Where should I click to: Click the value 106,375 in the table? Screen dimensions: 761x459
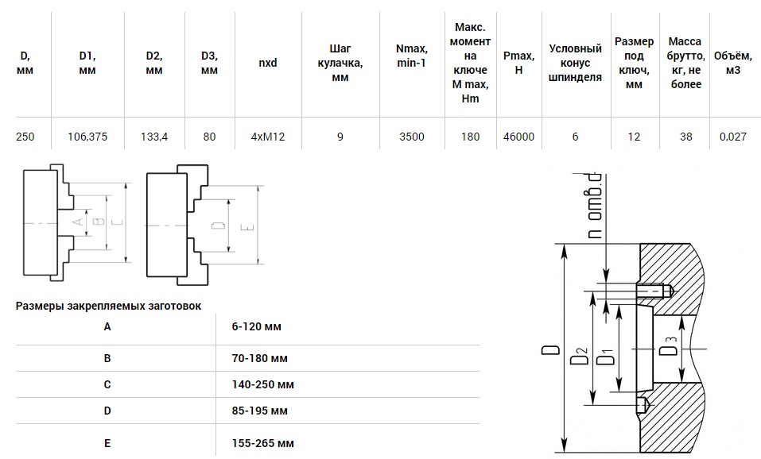point(87,137)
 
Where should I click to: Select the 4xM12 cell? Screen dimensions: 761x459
point(268,137)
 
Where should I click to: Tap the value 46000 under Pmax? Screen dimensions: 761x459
point(518,137)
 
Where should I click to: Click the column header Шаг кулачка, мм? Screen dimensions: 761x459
point(340,63)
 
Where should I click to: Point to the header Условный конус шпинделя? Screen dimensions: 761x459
point(575,63)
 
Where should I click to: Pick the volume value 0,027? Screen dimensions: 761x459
point(733,137)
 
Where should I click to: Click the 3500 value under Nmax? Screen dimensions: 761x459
point(412,137)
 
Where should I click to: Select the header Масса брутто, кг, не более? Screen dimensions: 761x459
point(685,63)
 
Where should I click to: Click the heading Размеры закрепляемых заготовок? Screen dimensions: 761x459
point(108,306)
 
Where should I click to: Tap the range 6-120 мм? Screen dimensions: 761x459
point(256,326)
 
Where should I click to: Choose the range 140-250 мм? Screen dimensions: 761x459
point(262,385)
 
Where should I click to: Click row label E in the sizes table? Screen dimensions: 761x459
point(107,443)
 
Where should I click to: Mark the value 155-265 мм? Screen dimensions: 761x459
point(262,443)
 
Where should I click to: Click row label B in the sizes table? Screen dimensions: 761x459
point(107,359)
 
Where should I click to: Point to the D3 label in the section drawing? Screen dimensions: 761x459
point(670,345)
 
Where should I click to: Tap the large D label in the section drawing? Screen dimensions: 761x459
point(550,349)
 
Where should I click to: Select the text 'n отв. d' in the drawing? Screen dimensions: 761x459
point(595,206)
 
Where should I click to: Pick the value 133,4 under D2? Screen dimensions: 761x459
point(154,137)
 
